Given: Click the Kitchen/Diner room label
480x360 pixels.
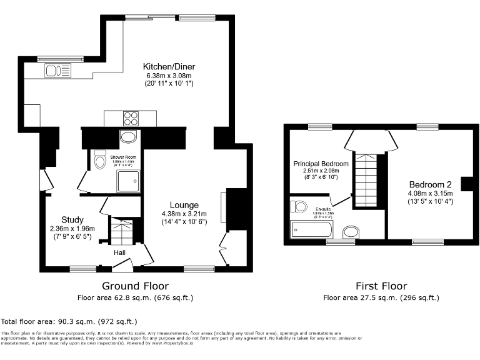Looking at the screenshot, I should click(x=168, y=66).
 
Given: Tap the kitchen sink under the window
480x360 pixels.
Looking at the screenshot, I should click(x=55, y=72).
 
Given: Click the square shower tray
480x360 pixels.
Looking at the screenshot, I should click(x=128, y=182).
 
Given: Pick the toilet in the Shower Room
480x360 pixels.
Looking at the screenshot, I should click(x=99, y=162).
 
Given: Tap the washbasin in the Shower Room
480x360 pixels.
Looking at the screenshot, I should click(x=128, y=138).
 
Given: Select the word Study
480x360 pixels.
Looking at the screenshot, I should click(x=72, y=219).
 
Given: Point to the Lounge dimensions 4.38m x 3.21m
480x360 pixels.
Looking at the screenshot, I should click(x=183, y=214).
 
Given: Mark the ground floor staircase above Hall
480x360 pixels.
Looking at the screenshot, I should click(x=122, y=232).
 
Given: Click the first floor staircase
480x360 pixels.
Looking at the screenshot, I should click(x=367, y=174).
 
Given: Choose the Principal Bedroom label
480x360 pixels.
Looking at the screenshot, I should click(x=321, y=164).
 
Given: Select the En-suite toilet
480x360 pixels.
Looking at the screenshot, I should click(x=299, y=206).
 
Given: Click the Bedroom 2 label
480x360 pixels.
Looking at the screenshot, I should click(x=430, y=184).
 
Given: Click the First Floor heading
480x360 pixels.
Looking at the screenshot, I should click(x=381, y=286).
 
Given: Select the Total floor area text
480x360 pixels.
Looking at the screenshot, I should click(x=69, y=321).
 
